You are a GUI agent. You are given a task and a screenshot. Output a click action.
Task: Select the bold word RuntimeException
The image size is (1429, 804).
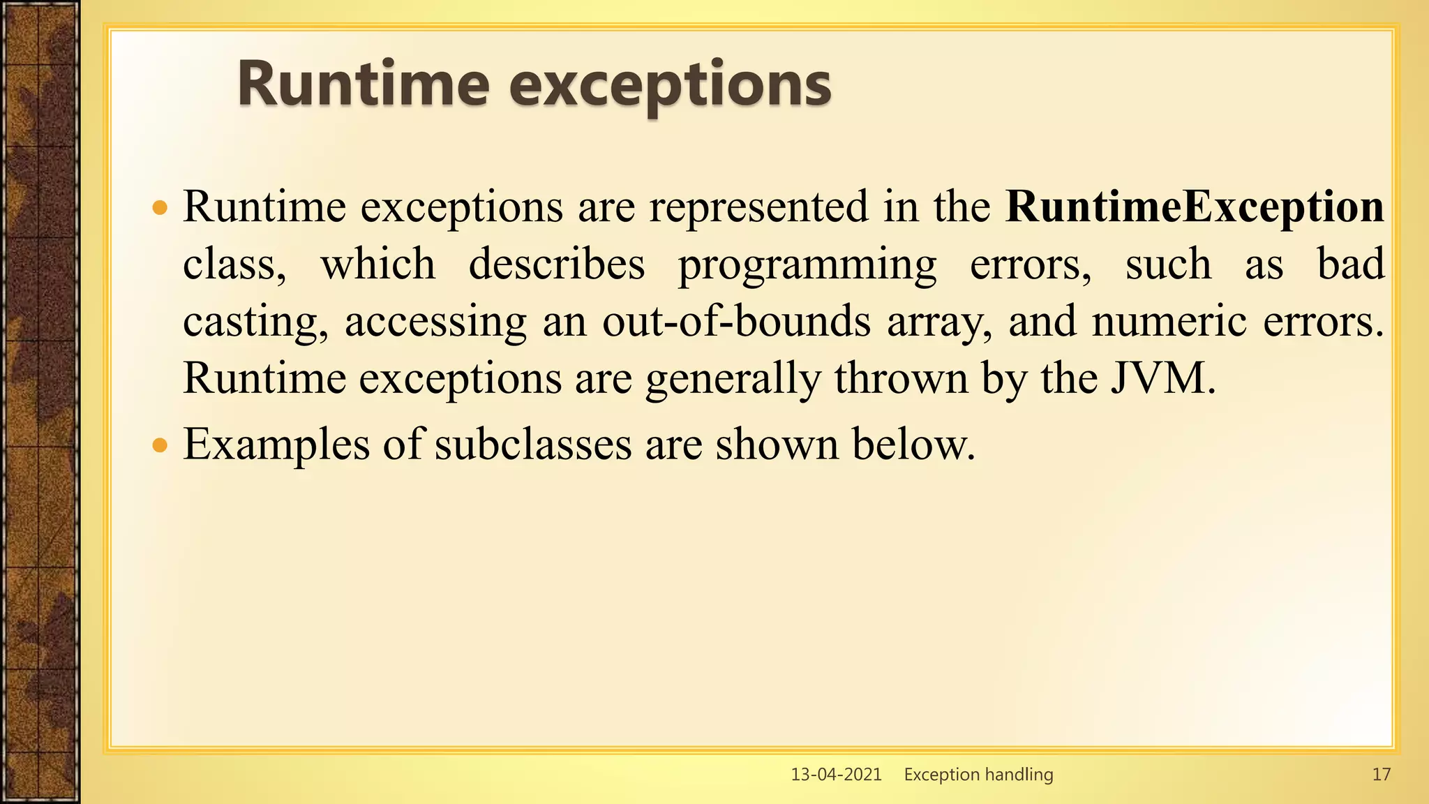click(x=1195, y=207)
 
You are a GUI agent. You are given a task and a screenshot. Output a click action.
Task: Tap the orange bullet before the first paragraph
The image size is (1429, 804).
click(x=160, y=208)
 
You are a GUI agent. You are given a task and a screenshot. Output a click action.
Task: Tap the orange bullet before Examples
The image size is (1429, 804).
click(x=160, y=445)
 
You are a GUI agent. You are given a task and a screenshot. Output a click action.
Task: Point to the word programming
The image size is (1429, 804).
click(x=807, y=266)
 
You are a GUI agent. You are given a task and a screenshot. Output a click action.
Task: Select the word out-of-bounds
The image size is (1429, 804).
click(x=736, y=322)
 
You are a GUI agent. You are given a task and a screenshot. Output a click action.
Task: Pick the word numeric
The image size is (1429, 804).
click(x=1169, y=322)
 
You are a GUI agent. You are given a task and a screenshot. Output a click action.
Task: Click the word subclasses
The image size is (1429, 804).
click(x=532, y=445)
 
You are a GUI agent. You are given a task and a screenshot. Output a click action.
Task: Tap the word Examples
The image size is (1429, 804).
click(x=276, y=445)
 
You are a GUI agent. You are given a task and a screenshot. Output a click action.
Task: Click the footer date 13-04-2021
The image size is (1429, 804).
click(x=836, y=774)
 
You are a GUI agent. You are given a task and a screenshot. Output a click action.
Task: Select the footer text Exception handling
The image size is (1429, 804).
click(x=978, y=774)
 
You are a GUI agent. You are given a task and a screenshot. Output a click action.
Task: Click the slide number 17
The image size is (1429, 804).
click(x=1381, y=774)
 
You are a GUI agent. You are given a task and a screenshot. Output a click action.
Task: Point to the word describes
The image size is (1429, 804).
click(x=556, y=265)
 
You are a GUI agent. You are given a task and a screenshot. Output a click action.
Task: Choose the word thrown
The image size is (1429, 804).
click(x=901, y=378)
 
